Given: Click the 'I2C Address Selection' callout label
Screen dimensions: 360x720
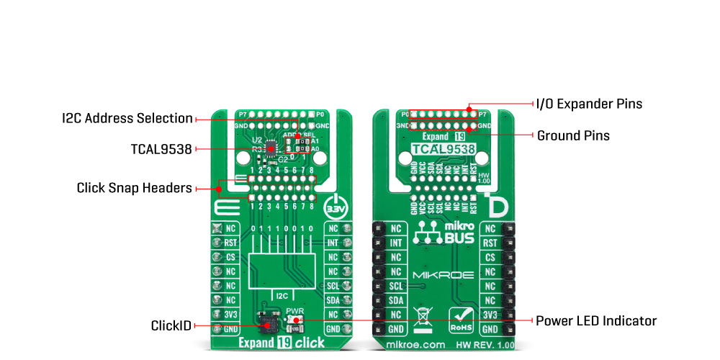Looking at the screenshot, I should point(127,118).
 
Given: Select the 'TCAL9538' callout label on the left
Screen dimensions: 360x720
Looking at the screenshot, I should point(156,149).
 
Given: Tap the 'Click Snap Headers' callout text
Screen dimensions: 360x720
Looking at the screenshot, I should point(134,189).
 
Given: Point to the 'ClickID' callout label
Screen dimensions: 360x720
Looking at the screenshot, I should point(171,325).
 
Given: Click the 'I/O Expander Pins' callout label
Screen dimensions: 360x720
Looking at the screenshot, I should point(589,104).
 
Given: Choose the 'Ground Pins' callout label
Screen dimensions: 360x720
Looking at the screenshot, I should point(573,135).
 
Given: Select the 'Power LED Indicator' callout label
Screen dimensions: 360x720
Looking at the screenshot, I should point(596,320).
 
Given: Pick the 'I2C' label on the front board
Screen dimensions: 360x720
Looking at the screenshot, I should point(282,294).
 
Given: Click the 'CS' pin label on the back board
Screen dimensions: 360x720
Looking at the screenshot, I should point(490,257).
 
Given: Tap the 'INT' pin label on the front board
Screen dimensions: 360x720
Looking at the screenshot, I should point(333,243).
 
